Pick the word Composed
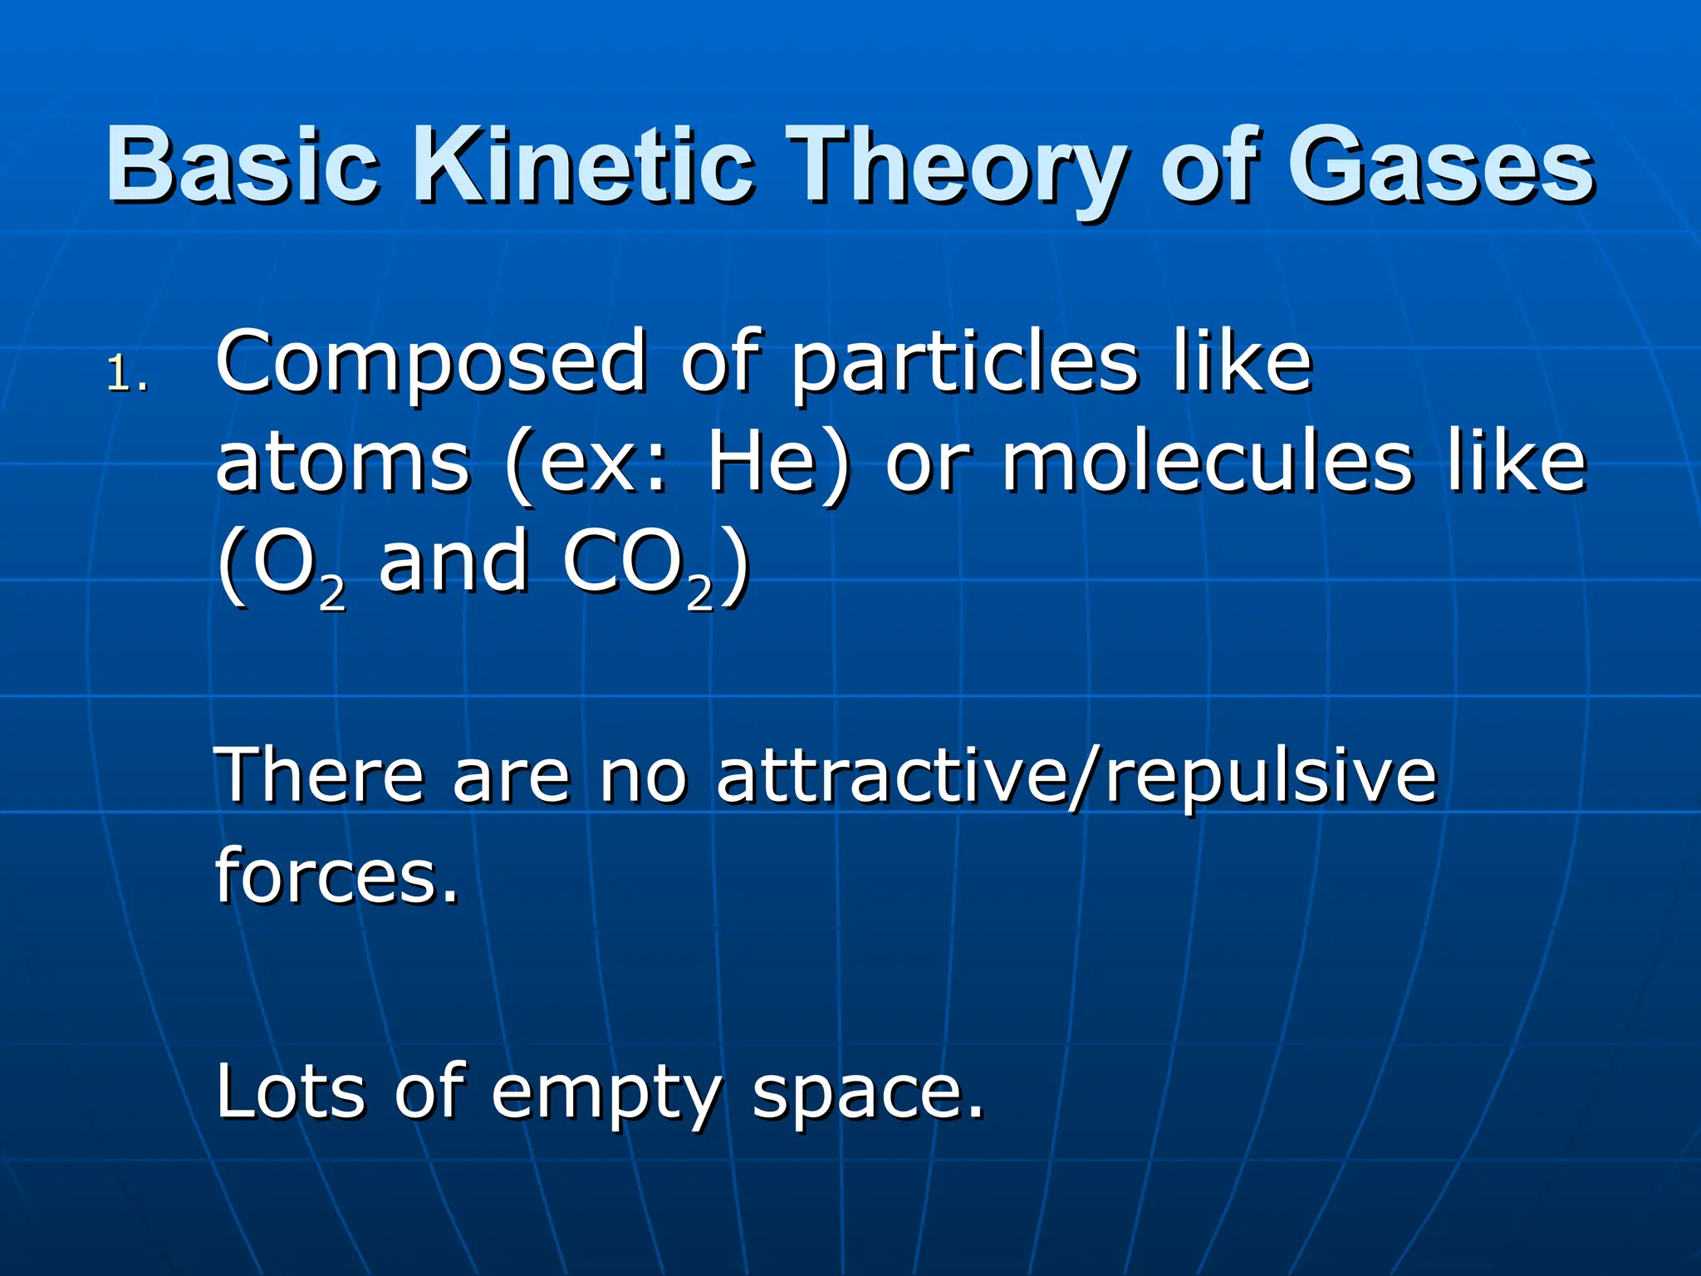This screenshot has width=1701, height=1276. click(430, 363)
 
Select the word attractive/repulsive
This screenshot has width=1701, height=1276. click(1076, 777)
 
